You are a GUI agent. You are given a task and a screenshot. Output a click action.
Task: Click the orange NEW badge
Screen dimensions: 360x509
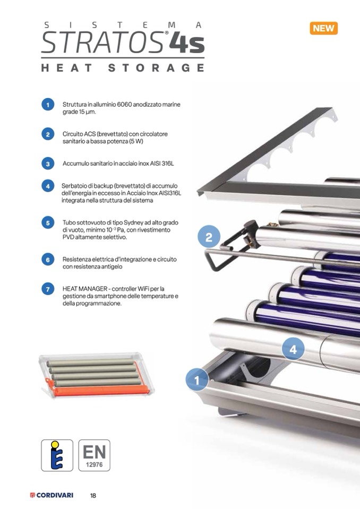click(x=324, y=28)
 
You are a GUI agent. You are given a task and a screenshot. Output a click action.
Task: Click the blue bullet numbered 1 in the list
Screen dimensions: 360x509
click(x=48, y=105)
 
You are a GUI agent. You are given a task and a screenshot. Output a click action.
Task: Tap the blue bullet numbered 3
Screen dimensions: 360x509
click(x=48, y=163)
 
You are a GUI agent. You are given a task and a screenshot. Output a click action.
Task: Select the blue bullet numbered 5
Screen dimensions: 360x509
click(x=48, y=223)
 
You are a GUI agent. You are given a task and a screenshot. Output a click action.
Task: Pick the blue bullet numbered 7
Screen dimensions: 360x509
click(x=48, y=289)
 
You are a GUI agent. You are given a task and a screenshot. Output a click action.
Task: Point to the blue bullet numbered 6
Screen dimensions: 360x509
click(x=48, y=260)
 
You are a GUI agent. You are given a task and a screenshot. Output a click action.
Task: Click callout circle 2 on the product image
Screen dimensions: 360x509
click(x=209, y=237)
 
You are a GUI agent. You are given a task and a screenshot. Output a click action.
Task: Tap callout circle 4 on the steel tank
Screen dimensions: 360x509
click(x=293, y=349)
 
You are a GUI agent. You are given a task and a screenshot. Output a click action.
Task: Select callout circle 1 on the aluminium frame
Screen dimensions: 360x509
click(x=196, y=380)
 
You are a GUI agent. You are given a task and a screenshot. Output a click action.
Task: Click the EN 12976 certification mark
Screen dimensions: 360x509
click(x=94, y=455)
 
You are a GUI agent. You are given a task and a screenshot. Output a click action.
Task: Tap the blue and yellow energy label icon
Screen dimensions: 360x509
click(x=57, y=455)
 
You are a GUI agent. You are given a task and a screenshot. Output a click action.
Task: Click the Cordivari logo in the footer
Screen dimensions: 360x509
click(x=52, y=495)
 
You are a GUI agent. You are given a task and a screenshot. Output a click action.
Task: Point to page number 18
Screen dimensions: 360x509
click(x=93, y=495)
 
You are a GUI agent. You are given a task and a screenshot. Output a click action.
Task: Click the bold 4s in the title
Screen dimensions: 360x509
click(x=187, y=44)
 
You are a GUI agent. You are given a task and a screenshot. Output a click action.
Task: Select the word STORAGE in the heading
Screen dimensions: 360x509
click(x=156, y=68)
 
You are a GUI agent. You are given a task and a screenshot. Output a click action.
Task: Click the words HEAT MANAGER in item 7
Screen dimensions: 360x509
click(x=85, y=289)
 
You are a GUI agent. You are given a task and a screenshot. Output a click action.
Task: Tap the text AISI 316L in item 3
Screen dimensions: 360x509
click(x=161, y=163)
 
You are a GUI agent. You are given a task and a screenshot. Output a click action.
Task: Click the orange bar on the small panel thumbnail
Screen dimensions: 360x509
click(x=101, y=391)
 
